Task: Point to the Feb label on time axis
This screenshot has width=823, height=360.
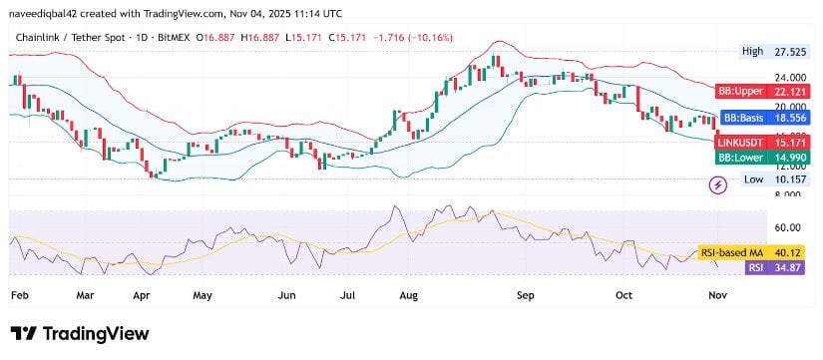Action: click(x=19, y=296)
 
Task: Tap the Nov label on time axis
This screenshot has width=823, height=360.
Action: click(x=717, y=296)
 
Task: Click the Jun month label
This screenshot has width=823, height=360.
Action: click(x=286, y=296)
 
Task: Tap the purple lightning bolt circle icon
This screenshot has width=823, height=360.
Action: click(x=717, y=184)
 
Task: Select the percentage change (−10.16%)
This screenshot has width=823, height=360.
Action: click(x=430, y=37)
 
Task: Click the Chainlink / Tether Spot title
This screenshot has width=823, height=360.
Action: click(x=69, y=37)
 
